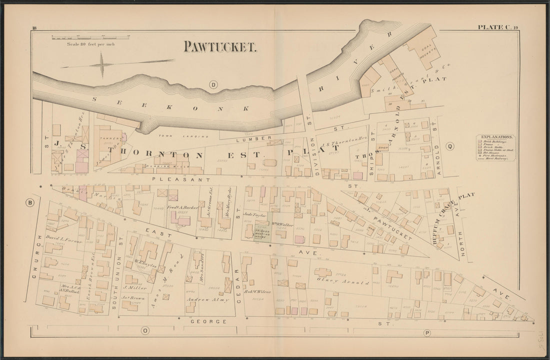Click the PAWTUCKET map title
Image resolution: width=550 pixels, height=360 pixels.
pos(220,46)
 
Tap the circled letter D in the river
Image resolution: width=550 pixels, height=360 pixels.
pos(213,84)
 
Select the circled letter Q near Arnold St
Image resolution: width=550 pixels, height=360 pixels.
pos(450,146)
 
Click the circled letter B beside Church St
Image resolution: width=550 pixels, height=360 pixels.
pos(29,202)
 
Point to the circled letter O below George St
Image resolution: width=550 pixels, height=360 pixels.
pos(145,330)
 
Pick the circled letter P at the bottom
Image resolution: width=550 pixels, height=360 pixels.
pos(427,332)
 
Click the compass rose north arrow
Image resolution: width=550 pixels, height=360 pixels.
pos(102,65)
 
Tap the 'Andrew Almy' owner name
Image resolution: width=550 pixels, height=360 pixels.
pos(207,300)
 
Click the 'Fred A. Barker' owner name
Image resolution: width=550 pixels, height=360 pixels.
pos(183,207)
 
